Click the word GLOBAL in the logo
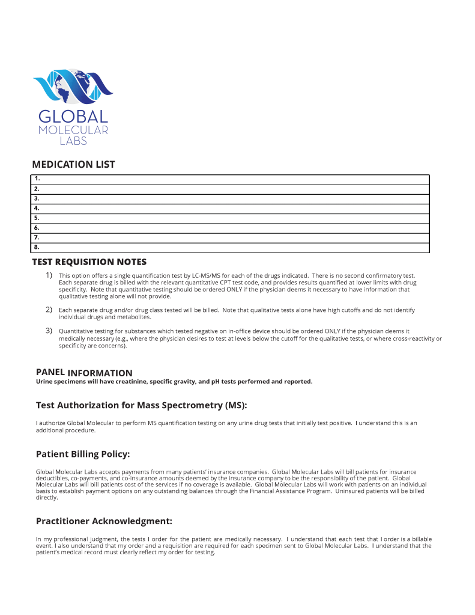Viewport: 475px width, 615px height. (x=73, y=117)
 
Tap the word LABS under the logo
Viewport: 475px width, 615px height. (x=73, y=141)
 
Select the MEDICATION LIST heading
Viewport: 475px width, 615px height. (x=73, y=165)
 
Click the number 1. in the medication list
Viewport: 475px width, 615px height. (x=37, y=179)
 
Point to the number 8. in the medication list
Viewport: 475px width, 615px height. (x=37, y=248)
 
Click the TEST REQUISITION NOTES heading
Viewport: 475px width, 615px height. (x=89, y=262)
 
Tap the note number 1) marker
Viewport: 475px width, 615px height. (x=49, y=275)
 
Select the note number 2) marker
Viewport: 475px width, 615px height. (x=49, y=310)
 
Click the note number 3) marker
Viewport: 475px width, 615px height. (x=49, y=331)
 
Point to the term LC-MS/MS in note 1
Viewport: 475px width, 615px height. (x=206, y=276)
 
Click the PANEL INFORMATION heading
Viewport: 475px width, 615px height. (x=84, y=373)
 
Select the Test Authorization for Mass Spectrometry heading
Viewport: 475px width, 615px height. (x=141, y=405)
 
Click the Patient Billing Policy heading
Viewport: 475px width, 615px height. (x=83, y=454)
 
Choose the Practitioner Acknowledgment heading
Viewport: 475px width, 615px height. (x=104, y=521)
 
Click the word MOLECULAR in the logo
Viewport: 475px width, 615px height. (x=73, y=130)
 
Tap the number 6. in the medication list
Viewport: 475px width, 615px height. (x=37, y=228)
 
